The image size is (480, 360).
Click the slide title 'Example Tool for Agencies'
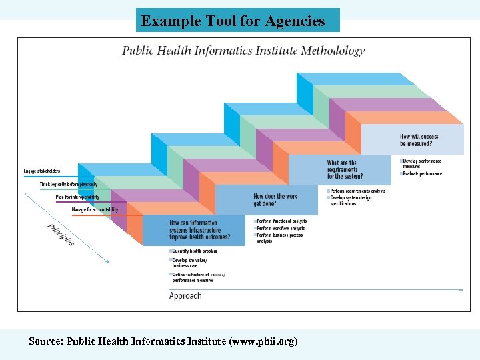pos(233,21)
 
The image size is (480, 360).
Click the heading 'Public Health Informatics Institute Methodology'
pos(243,51)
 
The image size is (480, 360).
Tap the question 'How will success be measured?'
pos(419,140)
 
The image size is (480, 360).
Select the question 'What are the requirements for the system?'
pos(345,169)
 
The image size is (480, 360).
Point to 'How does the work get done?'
pos(275,200)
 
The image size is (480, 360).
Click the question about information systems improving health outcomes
pos(200,230)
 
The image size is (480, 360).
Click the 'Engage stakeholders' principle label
pos(42,171)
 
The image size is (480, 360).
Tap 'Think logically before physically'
pos(68,184)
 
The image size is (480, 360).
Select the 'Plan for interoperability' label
pos(77,197)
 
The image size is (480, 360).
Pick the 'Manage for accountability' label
pos(95,210)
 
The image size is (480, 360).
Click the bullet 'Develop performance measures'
pos(422,163)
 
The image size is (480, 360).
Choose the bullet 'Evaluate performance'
pos(422,174)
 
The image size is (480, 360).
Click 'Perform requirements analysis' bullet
pos(357,191)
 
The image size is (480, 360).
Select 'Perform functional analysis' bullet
pos(281,221)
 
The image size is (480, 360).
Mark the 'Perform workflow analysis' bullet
pos(281,229)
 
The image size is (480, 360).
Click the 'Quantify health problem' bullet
pos(195,251)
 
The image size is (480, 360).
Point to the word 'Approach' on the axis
pos(185,295)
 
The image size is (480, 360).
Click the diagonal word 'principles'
pos(61,234)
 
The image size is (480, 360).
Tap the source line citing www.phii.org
pos(163,341)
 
